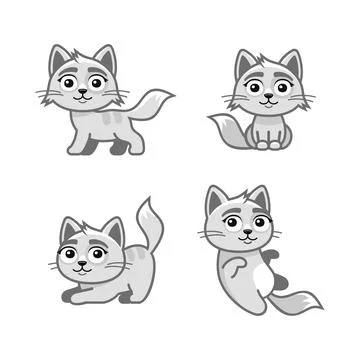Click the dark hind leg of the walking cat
[119, 146]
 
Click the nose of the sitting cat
[262, 97]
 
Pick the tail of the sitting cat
[225, 130]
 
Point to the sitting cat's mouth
[262, 103]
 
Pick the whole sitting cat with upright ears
[262, 100]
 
